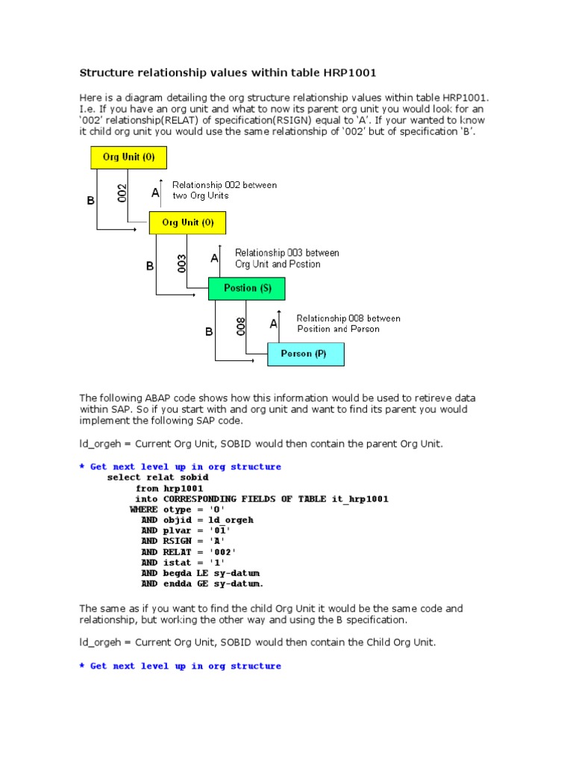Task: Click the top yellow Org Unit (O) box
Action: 128,157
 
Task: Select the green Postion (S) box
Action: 247,288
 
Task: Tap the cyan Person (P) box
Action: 306,354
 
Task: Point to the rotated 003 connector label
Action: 182,263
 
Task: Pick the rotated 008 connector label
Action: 241,326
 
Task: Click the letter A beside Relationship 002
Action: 155,193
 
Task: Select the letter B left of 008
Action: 210,332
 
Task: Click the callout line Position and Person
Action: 338,329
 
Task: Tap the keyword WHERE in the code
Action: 143,509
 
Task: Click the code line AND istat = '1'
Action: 182,563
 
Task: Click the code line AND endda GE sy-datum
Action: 202,583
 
